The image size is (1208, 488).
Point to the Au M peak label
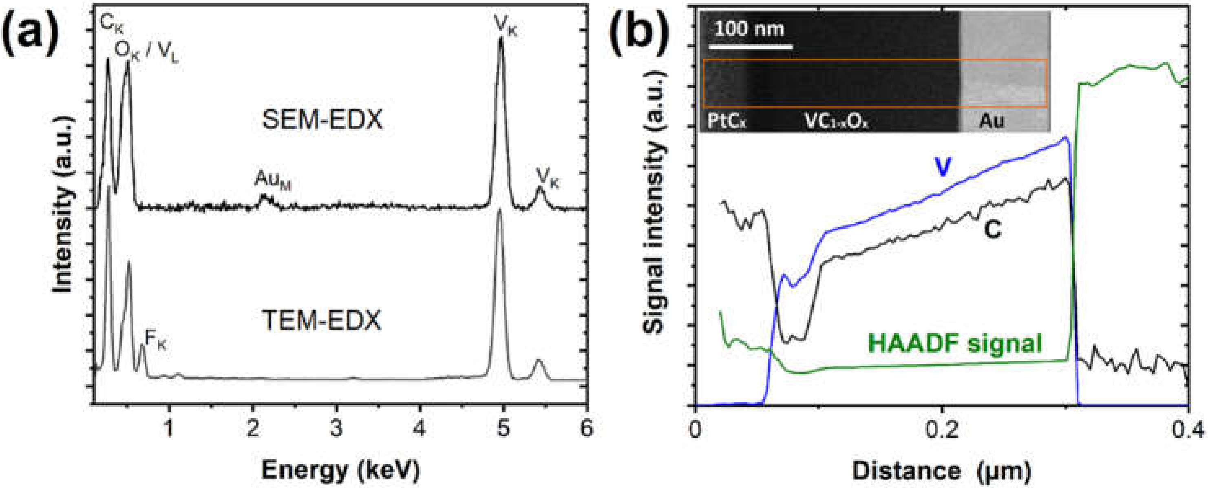click(x=272, y=180)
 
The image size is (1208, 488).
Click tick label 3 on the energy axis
click(x=336, y=428)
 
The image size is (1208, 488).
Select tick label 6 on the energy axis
click(x=586, y=428)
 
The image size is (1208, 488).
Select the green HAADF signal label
click(x=955, y=343)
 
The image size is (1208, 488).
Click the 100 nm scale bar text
click(x=749, y=29)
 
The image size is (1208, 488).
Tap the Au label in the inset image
click(x=992, y=121)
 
